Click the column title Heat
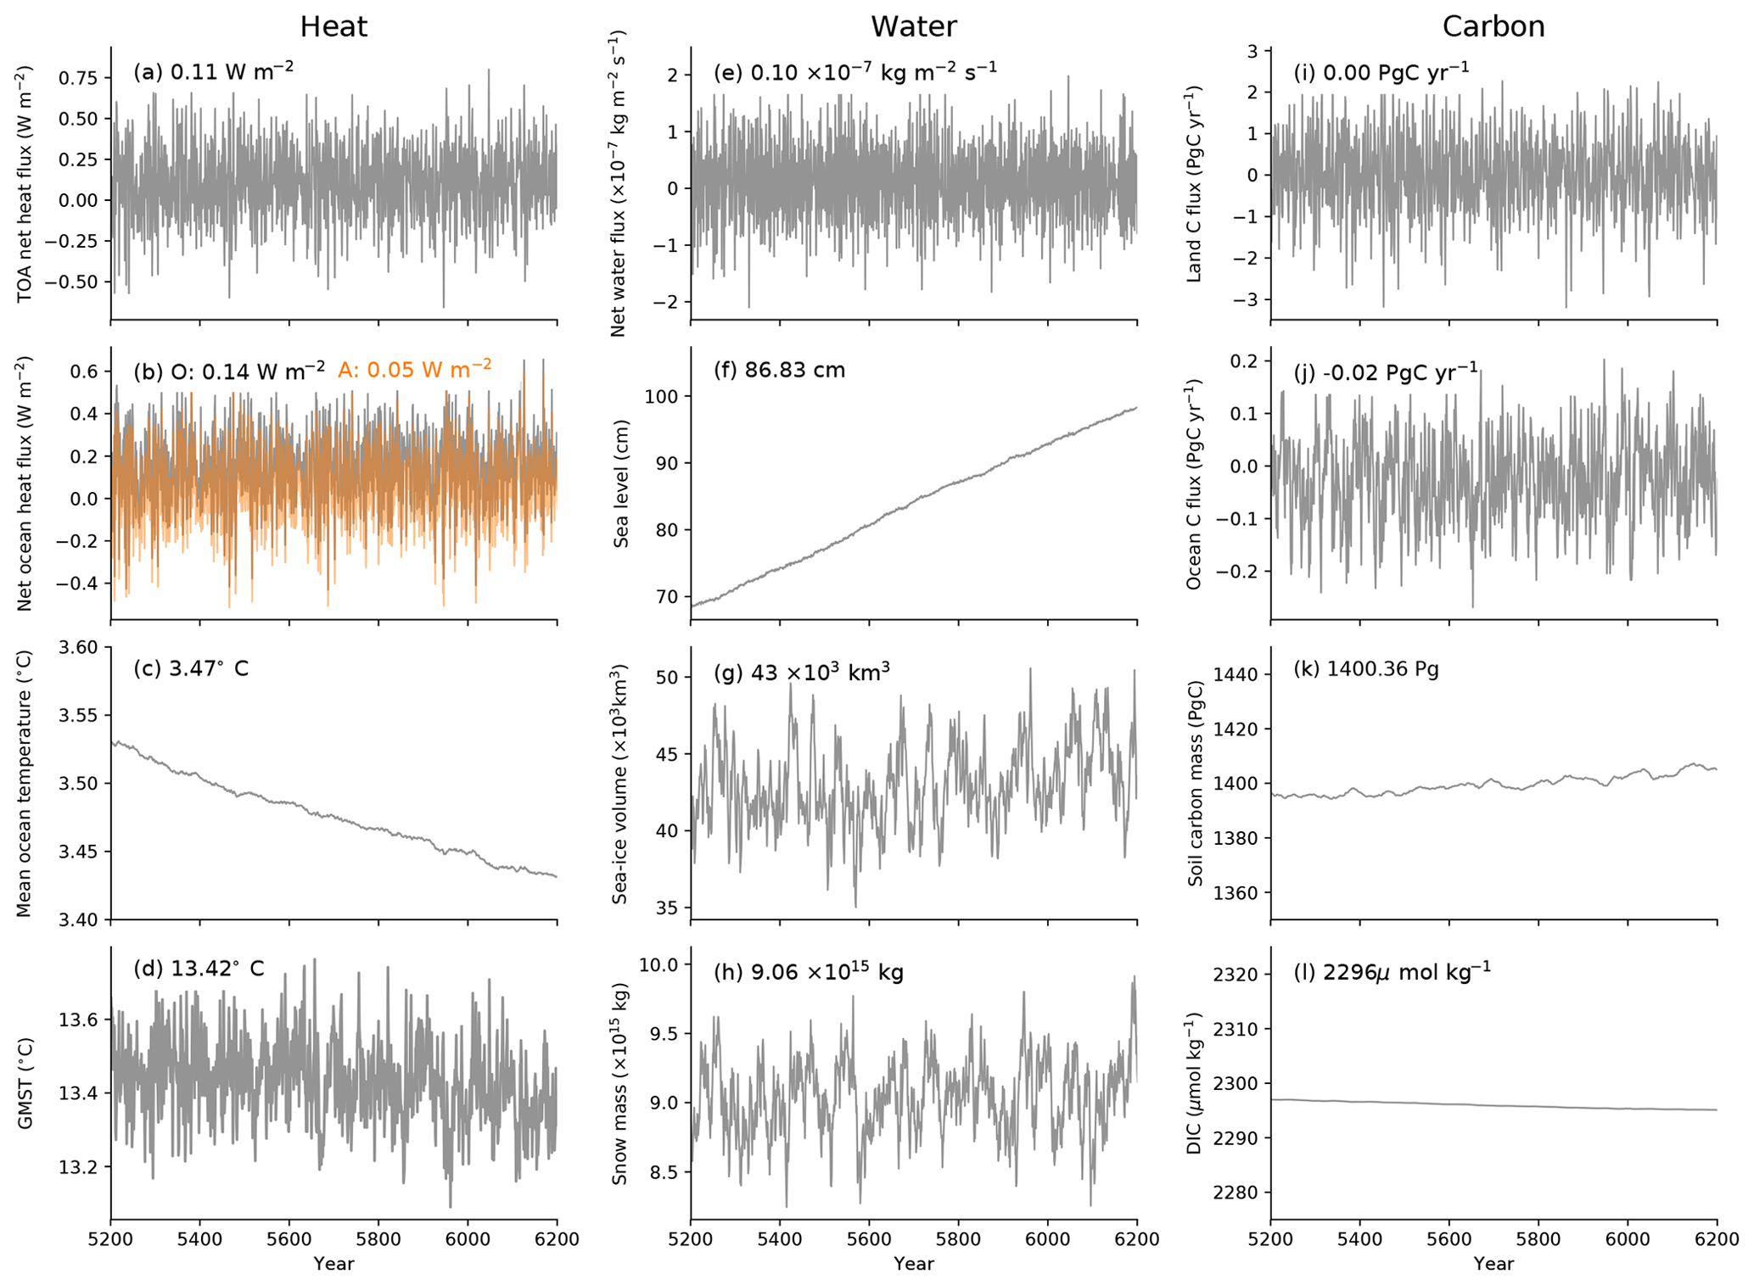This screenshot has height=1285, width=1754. tap(333, 27)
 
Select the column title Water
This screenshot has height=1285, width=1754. tap(913, 27)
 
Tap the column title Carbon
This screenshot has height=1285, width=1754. tap(1493, 27)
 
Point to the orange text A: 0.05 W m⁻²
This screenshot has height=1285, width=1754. tap(414, 369)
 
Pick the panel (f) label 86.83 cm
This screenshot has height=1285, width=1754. tap(780, 371)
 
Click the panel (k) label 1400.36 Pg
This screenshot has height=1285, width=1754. tap(1366, 669)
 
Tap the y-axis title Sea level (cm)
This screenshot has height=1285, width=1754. tap(621, 483)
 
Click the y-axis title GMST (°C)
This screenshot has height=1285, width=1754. tap(25, 1082)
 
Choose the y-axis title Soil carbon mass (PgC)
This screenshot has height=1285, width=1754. tap(1196, 783)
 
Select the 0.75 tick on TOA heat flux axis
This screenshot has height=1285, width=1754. tap(79, 78)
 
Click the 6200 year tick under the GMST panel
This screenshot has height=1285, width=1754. tap(557, 1238)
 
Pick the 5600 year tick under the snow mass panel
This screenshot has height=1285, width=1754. tap(869, 1238)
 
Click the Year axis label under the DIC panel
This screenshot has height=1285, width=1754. tap(1493, 1264)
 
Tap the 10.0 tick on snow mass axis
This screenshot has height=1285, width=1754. tap(662, 965)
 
